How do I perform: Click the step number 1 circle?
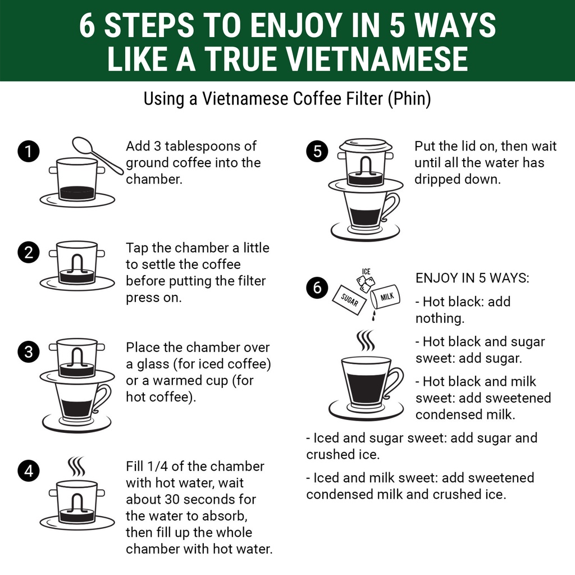29,151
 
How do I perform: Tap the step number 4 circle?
29,471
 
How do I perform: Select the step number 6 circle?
317,287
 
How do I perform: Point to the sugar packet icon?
349,300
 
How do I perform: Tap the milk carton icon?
385,297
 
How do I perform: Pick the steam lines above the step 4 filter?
76,466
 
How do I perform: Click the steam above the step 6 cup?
366,340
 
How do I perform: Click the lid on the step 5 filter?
365,145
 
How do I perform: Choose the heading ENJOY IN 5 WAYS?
472,278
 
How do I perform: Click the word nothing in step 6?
440,318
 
